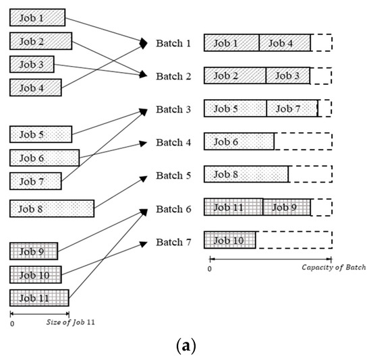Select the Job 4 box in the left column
pos(35,87)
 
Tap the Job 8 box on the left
pos(52,208)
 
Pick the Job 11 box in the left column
pos(39,297)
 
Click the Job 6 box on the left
pos(44,158)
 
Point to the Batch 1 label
pos(173,43)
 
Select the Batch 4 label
pos(173,142)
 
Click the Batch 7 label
pos(173,242)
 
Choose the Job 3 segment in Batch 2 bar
pos(288,76)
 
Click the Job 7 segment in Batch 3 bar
pos(292,109)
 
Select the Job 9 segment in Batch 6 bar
pos(287,207)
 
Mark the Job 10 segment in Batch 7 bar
pos(230,240)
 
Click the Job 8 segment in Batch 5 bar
pos(246,174)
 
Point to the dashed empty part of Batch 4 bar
pos(303,142)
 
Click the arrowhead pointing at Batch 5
pos(143,177)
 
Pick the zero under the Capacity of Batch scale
pos(209,268)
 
